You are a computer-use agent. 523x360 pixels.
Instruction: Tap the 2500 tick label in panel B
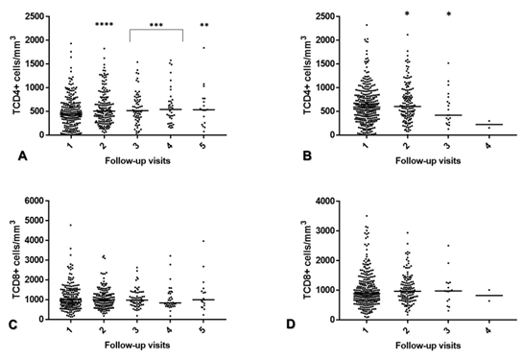(303, 17)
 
